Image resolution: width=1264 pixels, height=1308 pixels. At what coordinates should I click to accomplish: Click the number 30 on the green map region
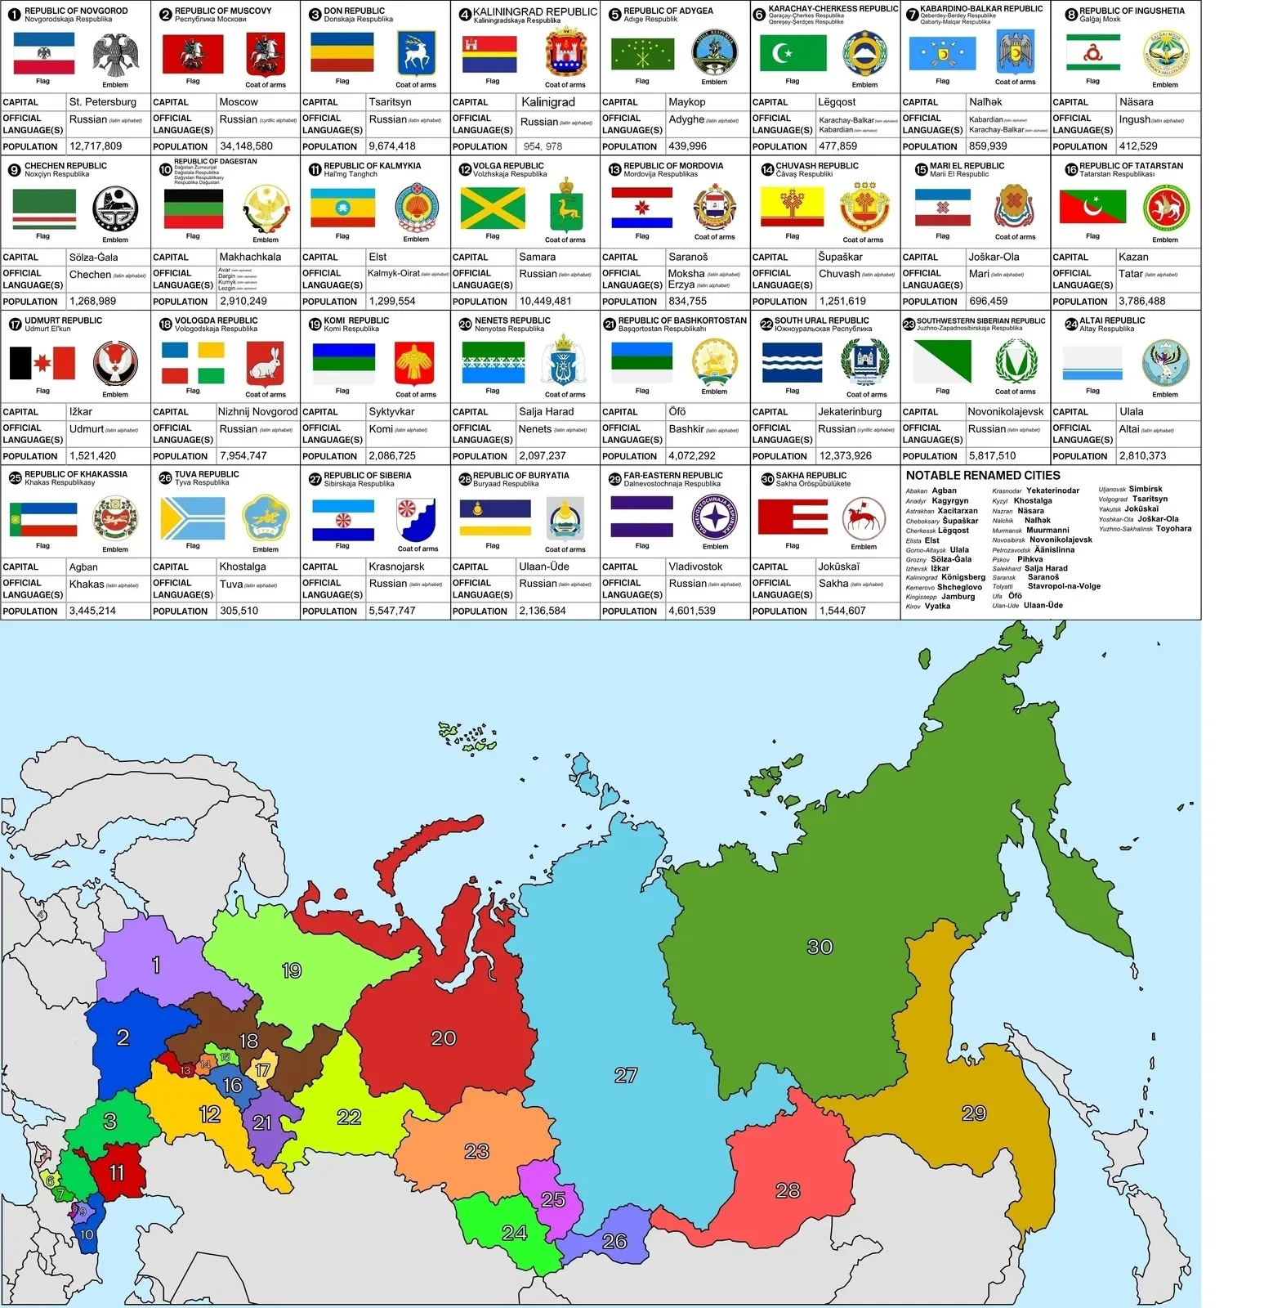pos(820,947)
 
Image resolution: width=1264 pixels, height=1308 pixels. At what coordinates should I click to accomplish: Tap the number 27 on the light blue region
pos(626,1075)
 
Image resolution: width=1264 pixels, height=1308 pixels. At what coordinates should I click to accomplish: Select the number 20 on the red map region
pos(443,1038)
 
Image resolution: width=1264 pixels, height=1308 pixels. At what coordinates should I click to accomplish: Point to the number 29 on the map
pos(974,1113)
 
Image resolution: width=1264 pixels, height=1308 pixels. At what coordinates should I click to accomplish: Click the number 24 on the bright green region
pos(514,1232)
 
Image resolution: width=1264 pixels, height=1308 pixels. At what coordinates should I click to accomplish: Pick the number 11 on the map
pos(117,1173)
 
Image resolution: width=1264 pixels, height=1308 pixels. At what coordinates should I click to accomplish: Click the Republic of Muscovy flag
pos(193,54)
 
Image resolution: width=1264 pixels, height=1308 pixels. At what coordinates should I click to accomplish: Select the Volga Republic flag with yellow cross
pos(493,208)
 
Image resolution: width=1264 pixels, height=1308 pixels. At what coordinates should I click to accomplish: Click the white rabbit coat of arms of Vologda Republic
pos(266,364)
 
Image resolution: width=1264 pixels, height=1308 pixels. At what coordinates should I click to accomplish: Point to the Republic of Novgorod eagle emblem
pos(115,56)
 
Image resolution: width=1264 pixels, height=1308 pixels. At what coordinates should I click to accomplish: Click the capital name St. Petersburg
pos(103,102)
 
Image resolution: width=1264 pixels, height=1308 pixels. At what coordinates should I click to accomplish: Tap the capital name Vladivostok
pos(695,567)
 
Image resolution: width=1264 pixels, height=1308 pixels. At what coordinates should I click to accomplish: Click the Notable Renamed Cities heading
pos(983,476)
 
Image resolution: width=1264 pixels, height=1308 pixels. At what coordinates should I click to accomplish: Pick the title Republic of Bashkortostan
pos(682,320)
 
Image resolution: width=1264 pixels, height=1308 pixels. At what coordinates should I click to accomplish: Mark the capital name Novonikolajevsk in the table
pos(1006,412)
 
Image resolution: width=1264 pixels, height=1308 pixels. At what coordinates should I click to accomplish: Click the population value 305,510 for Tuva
pos(239,611)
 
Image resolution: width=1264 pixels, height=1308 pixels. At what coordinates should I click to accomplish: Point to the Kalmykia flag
pos(342,208)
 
